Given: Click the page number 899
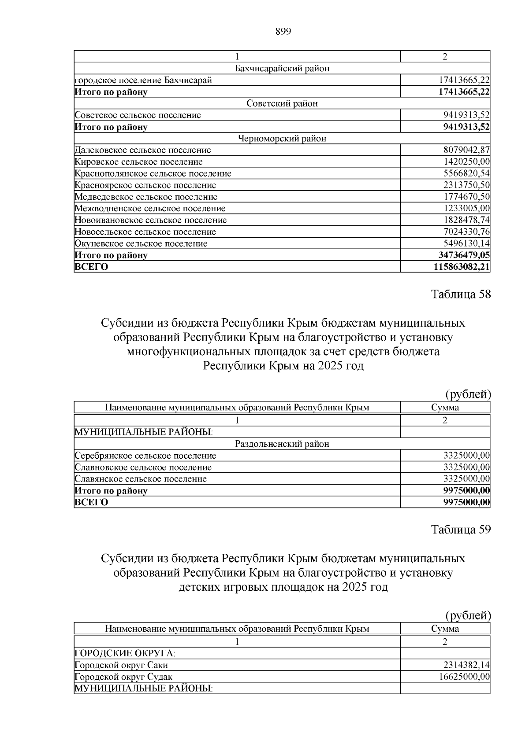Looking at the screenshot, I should [x=283, y=31].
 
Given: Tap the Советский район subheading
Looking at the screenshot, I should [x=282, y=103].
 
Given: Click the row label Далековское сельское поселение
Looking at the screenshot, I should [x=143, y=150].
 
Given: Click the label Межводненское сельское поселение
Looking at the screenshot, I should [x=150, y=208].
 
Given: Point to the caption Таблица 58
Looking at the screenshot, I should [x=461, y=294].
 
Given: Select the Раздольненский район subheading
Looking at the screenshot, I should [x=282, y=444].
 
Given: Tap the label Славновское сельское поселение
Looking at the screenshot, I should [x=143, y=467].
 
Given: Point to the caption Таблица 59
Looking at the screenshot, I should [x=461, y=530].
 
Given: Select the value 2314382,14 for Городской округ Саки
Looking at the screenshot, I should [x=467, y=665].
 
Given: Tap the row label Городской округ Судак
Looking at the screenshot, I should [x=124, y=677].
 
